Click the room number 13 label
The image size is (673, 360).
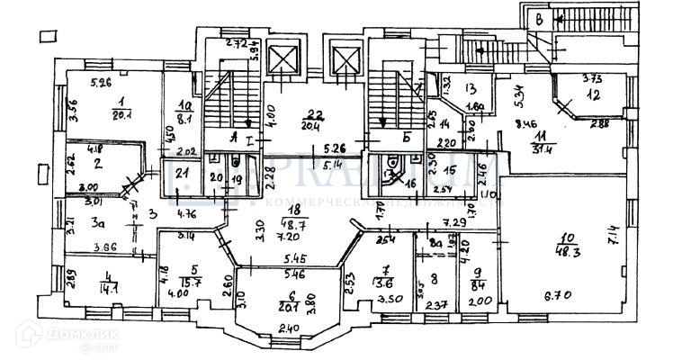pos(470,88)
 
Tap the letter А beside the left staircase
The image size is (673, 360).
pos(235,138)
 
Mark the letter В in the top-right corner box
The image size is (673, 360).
pos(538,18)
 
